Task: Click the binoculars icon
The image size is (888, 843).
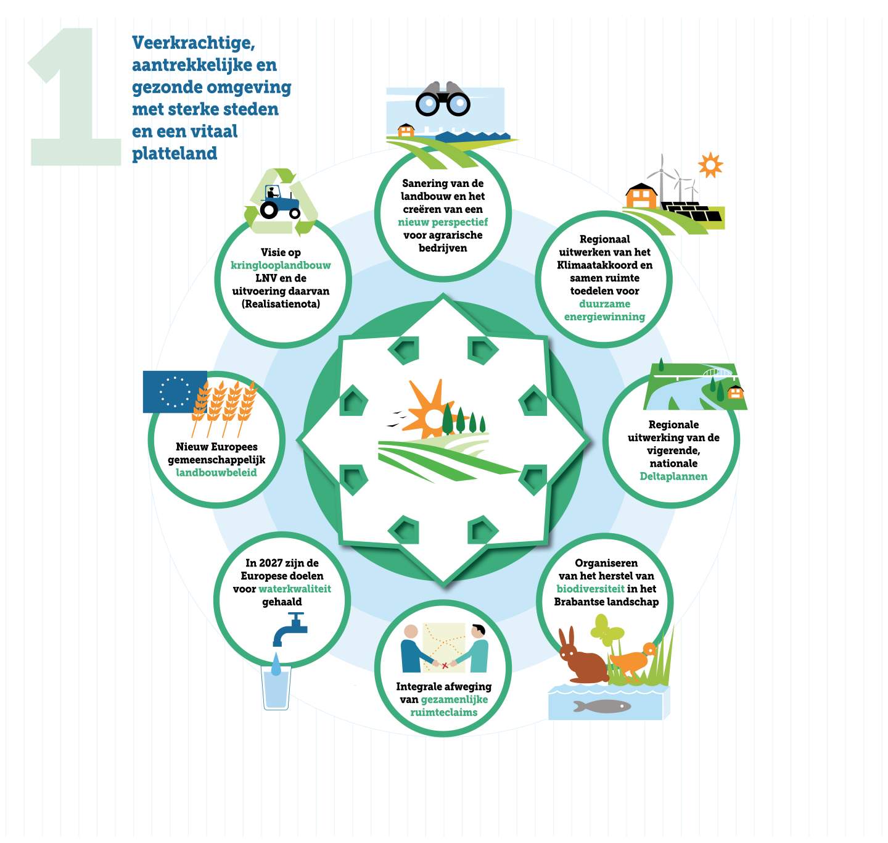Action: point(443,99)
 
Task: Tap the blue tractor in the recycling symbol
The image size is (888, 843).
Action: point(279,202)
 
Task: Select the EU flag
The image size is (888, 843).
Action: point(175,391)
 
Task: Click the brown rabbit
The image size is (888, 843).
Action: point(582,656)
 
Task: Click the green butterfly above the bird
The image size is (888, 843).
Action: point(607,629)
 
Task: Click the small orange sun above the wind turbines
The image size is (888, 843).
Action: point(710,165)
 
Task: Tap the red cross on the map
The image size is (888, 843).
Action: point(445,665)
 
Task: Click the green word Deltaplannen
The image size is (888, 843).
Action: point(673,476)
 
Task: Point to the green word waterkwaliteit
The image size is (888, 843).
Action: point(295,589)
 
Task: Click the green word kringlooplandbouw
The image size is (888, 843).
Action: point(281,265)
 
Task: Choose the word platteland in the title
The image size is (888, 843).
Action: point(175,153)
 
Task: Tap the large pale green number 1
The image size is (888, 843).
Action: point(75,96)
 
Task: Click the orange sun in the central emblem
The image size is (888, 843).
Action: point(427,412)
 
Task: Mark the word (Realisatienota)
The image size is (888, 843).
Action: point(281,304)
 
